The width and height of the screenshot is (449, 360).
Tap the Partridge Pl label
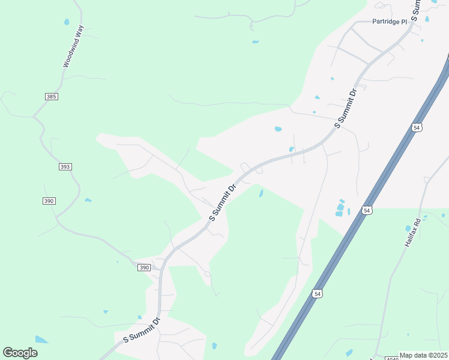[x=390, y=22]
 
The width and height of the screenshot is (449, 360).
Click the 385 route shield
[x=51, y=97]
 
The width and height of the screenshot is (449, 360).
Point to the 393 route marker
[x=65, y=167]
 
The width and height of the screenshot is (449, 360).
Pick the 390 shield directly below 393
[x=49, y=200]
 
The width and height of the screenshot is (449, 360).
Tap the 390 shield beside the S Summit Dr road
[x=143, y=268]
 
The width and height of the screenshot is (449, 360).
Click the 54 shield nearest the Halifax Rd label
[x=367, y=210]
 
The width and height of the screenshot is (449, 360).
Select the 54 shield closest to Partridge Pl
[x=417, y=127]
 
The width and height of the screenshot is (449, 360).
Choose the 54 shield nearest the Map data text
[x=318, y=293]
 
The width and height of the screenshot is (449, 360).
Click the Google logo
[x=20, y=353]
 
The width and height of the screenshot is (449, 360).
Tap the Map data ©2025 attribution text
[x=423, y=355]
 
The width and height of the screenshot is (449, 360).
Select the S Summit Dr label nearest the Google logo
[x=142, y=330]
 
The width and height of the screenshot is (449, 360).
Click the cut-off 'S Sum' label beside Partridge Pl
[x=415, y=8]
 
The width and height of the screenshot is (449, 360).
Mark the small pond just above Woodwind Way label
[x=66, y=22]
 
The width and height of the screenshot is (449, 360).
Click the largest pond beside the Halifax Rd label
[x=409, y=228]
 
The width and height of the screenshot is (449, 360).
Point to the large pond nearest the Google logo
[x=41, y=340]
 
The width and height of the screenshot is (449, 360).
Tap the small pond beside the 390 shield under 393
[x=88, y=200]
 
